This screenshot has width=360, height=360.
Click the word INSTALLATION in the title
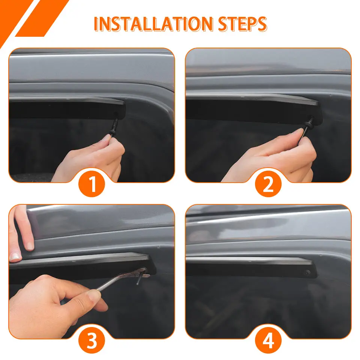point(153,24)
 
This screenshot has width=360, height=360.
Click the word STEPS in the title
point(243,24)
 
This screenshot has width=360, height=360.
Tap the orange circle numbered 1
point(92,184)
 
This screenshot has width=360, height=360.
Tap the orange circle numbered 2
point(268,184)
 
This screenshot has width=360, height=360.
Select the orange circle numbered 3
point(92,340)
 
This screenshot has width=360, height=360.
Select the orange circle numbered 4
point(268,340)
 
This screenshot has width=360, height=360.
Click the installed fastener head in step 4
point(307,273)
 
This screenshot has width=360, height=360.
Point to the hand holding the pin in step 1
point(92,158)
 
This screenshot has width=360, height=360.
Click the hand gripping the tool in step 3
point(57,301)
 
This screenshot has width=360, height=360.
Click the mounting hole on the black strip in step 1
point(115,114)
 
